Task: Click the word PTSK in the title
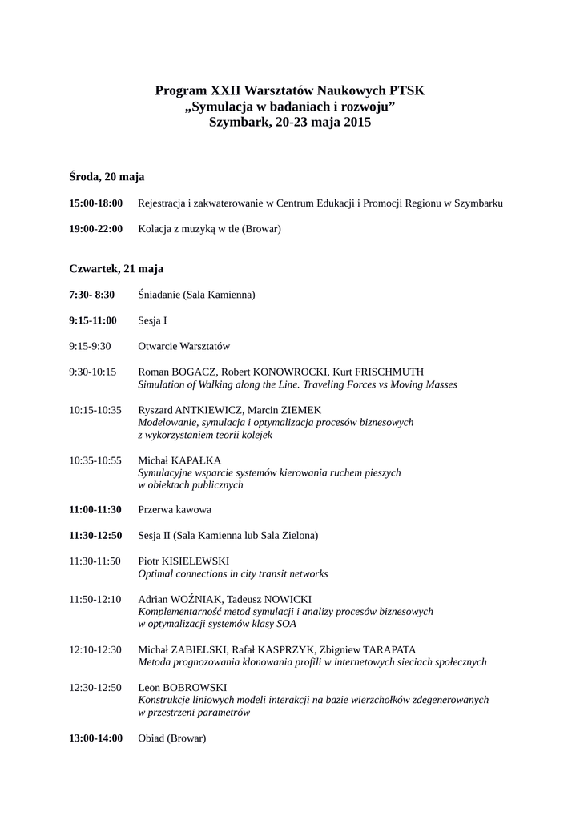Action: point(406,91)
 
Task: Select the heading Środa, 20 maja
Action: point(107,175)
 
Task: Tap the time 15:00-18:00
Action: point(96,203)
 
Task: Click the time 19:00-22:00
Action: point(96,229)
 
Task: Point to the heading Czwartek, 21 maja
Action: point(116,268)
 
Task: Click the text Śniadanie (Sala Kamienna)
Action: point(196,295)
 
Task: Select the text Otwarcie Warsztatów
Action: point(184,346)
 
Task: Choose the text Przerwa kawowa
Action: point(175,509)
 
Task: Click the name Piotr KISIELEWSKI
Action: point(183,561)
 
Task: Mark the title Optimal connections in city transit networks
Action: point(233,573)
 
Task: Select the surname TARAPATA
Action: point(381,649)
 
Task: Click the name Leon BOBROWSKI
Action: point(183,687)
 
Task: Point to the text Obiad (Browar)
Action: point(172,738)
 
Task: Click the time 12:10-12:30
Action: point(95,649)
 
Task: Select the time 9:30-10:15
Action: point(93,372)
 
